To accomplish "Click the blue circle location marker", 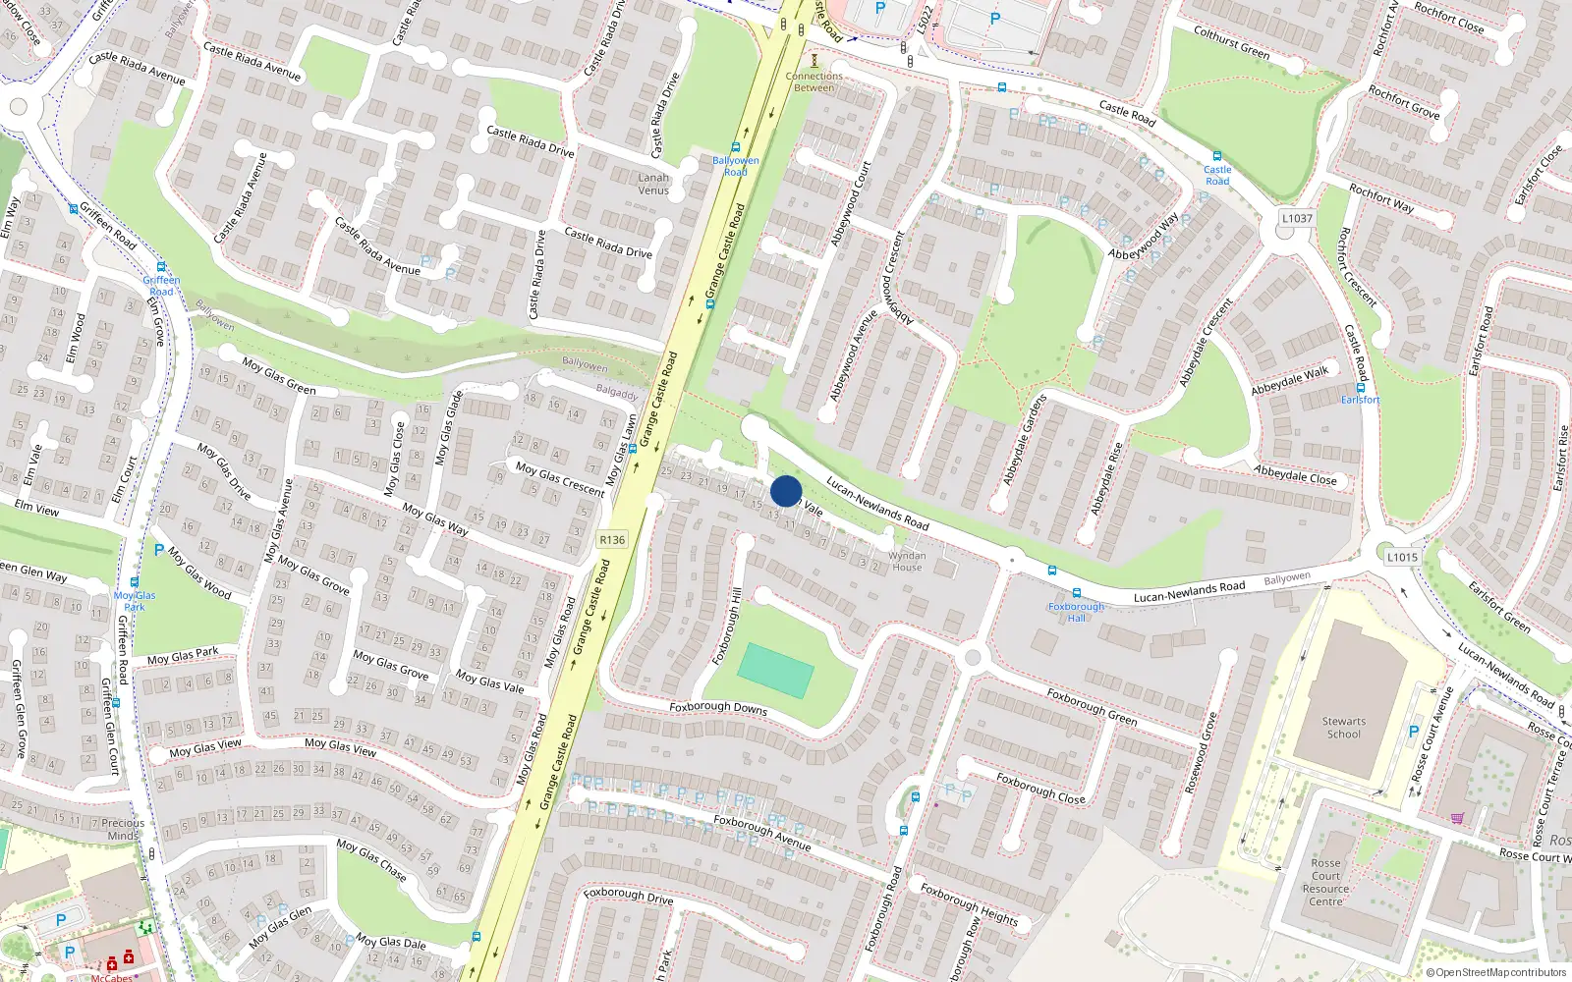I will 786,491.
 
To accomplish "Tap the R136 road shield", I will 612,540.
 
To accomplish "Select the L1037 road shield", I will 1297,218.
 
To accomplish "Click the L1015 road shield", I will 1402,557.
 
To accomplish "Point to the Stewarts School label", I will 1343,728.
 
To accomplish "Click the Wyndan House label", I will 907,561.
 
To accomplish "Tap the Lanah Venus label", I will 653,184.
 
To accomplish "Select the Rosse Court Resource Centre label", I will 1325,882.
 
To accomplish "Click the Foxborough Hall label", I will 1077,612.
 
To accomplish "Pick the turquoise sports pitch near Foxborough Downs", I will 775,671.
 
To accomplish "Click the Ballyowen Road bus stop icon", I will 735,147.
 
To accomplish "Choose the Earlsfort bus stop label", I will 1361,400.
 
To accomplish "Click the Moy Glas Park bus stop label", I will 135,601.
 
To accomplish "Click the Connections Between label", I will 814,82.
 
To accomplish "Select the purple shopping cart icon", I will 1457,818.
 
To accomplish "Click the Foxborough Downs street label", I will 718,707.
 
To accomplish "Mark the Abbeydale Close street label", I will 1295,474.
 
